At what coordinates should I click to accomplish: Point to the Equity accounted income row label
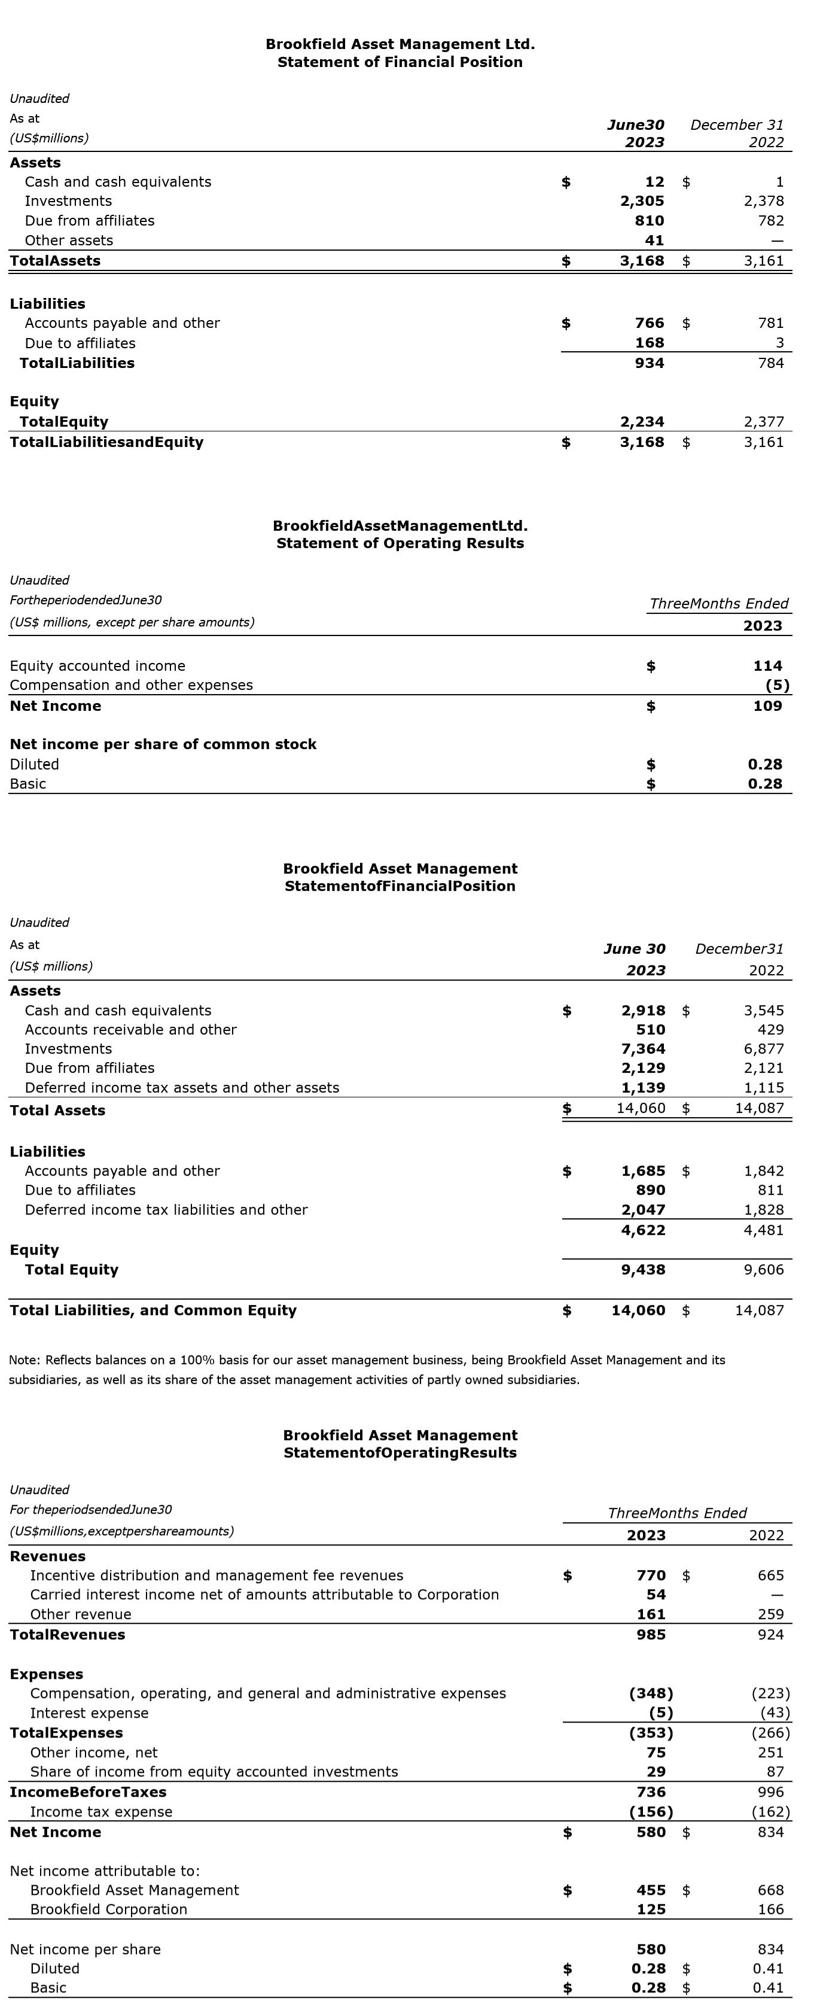[97, 666]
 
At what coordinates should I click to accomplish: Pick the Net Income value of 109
[767, 705]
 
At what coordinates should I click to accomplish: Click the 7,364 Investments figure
[643, 1048]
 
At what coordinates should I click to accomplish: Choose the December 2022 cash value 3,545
[763, 1010]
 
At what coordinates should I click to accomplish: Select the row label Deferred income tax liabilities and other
[166, 1209]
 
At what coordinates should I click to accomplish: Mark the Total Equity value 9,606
[763, 1270]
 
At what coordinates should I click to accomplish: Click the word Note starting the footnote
[22, 1360]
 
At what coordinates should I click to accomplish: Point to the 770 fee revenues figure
[651, 1575]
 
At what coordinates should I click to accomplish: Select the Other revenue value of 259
[770, 1614]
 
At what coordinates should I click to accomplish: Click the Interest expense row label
[89, 1713]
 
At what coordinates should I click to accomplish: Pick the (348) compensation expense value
[651, 1693]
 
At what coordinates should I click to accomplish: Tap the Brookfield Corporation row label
[108, 1909]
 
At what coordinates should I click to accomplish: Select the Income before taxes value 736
[651, 1791]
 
